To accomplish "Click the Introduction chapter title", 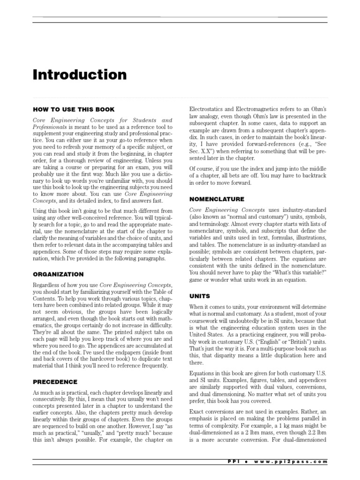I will [x=79, y=75].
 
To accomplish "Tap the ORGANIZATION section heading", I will [x=58, y=274].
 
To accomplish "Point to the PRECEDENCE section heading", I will [x=55, y=382].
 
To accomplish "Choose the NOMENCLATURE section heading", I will [x=216, y=199].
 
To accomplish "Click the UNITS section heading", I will [x=199, y=296].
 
